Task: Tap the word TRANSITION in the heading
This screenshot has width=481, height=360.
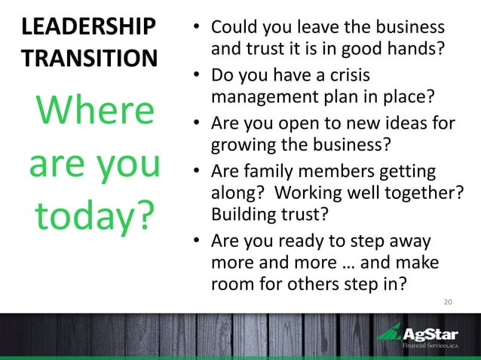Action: tap(90, 58)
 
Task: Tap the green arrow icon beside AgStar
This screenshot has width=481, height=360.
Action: tap(389, 332)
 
